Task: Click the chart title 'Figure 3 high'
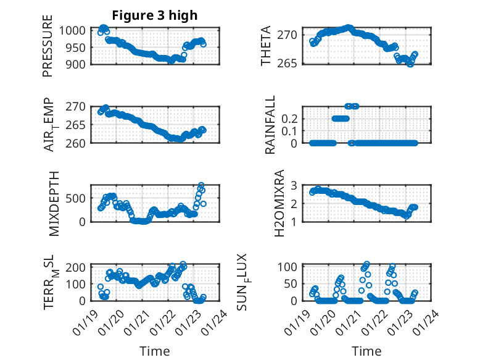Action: (154, 15)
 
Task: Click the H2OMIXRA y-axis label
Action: (279, 203)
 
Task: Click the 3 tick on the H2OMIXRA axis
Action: (294, 185)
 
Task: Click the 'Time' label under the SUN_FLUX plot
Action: (366, 351)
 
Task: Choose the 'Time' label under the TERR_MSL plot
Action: (155, 351)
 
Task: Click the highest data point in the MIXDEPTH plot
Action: (201, 185)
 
